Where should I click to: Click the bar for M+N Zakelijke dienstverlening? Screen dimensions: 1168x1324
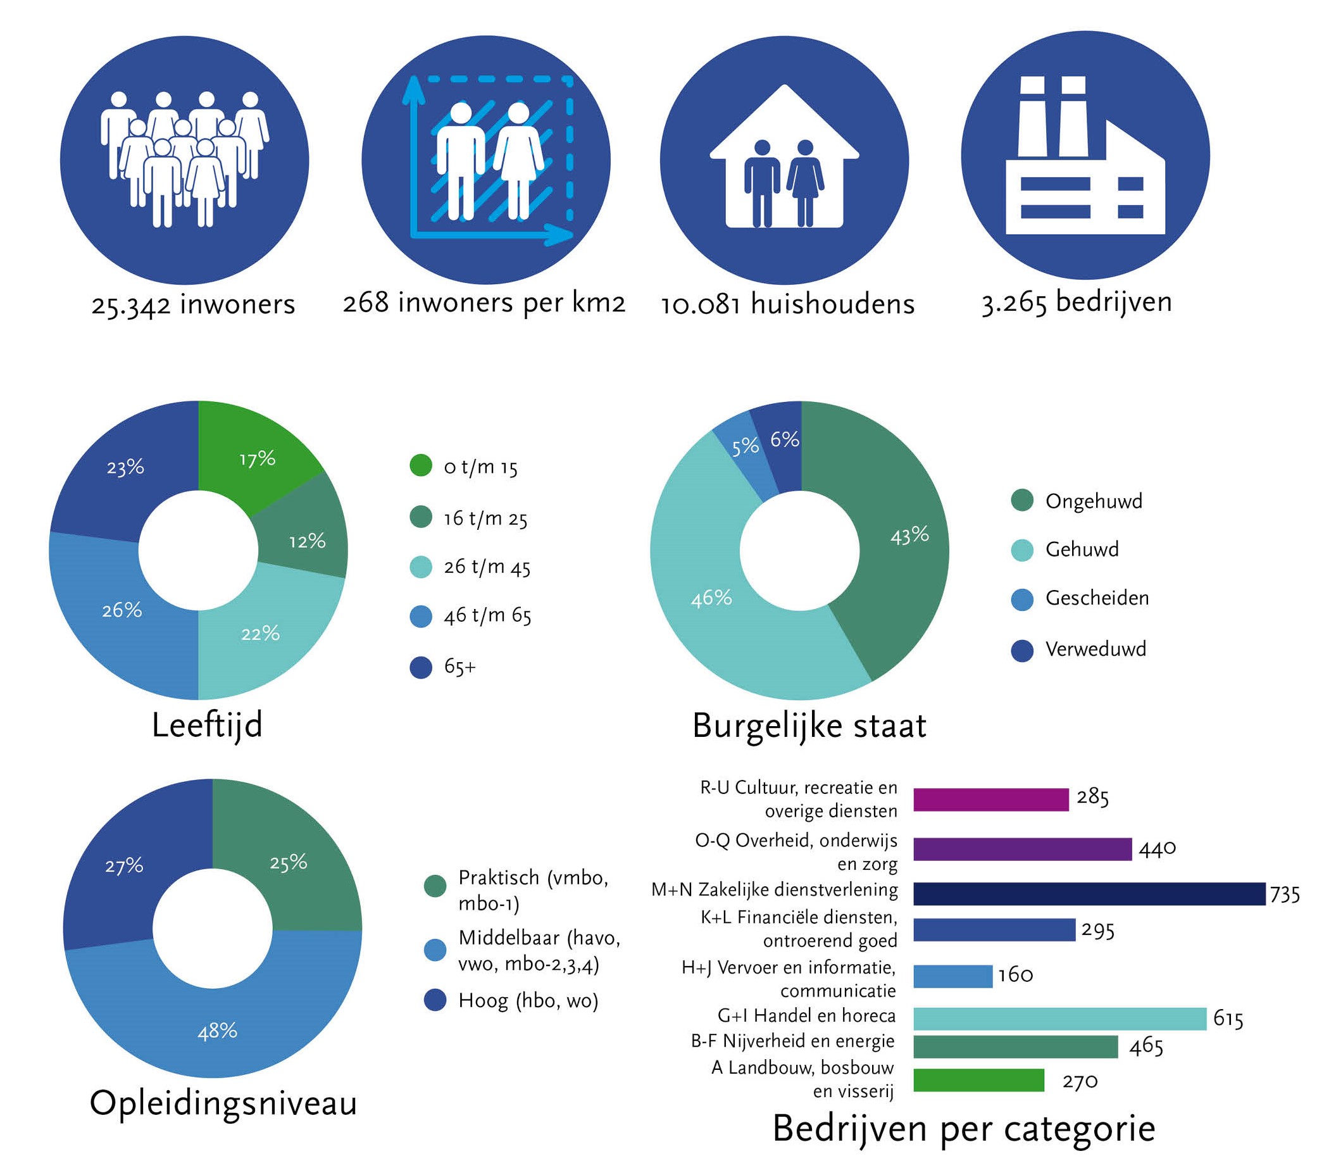coord(1088,893)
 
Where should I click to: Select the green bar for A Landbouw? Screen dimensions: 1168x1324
coord(978,1080)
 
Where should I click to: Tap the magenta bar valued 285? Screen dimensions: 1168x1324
coord(990,800)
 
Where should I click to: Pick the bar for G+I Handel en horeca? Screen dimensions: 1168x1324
coord(1059,1019)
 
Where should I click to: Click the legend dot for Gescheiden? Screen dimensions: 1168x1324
coord(1021,600)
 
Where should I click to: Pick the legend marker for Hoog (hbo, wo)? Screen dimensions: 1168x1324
coord(435,1000)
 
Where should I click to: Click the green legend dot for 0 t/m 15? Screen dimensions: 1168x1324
coord(421,466)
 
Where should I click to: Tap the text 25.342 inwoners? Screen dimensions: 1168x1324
coord(193,305)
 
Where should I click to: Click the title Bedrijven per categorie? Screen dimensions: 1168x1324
coord(964,1128)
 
